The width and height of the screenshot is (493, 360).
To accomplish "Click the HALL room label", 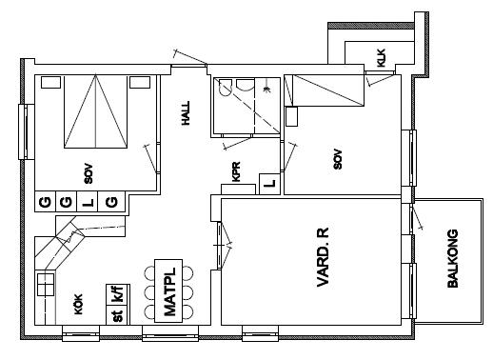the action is coord(186,113).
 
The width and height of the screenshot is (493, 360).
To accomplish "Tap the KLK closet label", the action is coord(381,57).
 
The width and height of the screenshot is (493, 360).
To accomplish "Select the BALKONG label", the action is coord(453,258).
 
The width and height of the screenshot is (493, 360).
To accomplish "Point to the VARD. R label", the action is coord(323,257).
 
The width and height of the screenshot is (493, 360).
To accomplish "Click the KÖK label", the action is coord(78,304).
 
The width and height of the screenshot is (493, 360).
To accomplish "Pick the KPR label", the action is coord(236,171).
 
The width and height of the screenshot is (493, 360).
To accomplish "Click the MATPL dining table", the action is coord(168,290).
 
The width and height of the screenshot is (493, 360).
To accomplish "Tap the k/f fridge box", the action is coord(118,294).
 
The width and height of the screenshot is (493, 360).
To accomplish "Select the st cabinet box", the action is coord(118,315).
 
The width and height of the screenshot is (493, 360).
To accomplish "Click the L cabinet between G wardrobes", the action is coord(88,202).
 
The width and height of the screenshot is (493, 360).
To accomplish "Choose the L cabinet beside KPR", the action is coord(269,184).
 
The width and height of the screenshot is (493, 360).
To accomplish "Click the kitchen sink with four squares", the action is coord(46,285).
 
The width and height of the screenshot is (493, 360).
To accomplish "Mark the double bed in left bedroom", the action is coord(95,111).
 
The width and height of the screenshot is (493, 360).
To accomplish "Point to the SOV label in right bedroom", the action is coord(338,159).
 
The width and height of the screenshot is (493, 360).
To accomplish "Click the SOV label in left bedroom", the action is coord(89,173).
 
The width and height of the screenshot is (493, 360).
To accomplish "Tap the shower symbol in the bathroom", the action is coord(267,90).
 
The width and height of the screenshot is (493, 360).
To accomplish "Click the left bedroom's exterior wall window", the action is coord(27,131).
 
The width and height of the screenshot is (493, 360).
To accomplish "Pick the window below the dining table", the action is coord(170,333).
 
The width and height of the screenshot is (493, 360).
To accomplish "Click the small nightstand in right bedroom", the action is coord(291,116).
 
